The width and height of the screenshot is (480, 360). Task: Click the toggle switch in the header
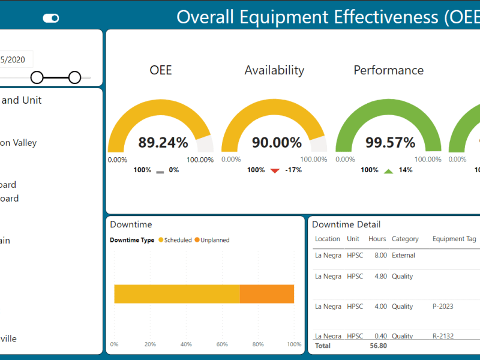tap(51, 19)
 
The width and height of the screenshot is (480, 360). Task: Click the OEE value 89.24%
tap(163, 143)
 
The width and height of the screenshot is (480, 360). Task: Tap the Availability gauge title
tap(274, 70)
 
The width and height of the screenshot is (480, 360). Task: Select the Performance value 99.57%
tap(390, 143)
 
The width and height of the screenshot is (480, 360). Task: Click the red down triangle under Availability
tap(275, 171)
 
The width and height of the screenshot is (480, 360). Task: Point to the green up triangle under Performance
tap(388, 171)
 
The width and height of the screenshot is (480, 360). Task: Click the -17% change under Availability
tap(293, 170)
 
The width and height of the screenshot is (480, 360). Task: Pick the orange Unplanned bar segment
tap(267, 294)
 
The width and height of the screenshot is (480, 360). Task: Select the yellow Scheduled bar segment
tap(177, 294)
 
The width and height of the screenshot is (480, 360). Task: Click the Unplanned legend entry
tap(212, 240)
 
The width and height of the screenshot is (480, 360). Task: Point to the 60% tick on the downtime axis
tap(222, 344)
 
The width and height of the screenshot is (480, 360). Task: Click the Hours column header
tap(377, 239)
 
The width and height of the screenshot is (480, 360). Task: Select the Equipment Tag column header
tap(454, 239)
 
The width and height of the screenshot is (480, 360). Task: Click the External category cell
tap(403, 256)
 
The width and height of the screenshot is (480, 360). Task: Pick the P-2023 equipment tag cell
tap(443, 307)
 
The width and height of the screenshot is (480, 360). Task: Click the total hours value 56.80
tap(378, 346)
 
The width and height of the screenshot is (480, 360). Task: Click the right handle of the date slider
tap(74, 77)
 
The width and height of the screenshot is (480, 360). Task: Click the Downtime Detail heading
tap(346, 224)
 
